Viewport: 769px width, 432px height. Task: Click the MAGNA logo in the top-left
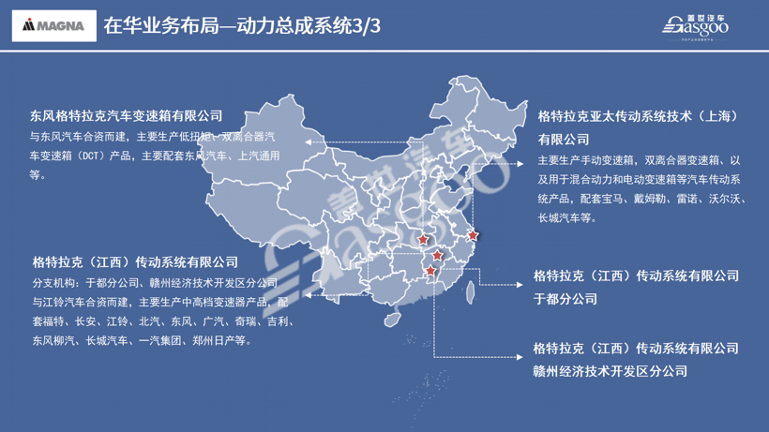[53, 25]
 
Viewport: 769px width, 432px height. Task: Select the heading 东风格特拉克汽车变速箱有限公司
[127, 115]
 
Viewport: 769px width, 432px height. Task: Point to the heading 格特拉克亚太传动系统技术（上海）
[639, 117]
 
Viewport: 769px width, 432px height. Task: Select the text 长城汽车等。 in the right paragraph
[566, 218]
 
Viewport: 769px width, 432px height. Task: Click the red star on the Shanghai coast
[473, 235]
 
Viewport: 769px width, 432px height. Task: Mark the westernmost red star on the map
[423, 240]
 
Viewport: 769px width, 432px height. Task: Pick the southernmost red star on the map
[431, 271]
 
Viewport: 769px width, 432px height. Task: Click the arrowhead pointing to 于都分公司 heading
[518, 283]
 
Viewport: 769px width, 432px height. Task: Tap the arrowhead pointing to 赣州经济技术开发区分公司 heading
[518, 357]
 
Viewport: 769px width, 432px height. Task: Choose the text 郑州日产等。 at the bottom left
[222, 341]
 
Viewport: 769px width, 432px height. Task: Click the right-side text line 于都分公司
[565, 299]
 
